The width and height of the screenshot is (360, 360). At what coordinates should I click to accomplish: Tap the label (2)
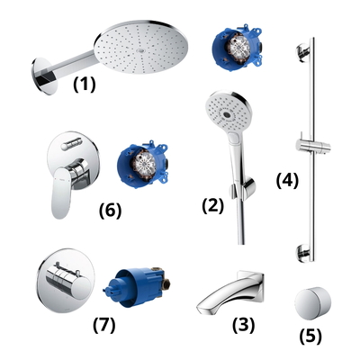212,204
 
